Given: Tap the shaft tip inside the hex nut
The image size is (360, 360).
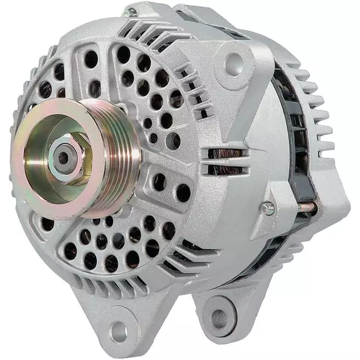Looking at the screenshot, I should click(x=63, y=158).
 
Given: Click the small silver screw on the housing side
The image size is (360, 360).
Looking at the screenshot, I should click(x=268, y=208).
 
